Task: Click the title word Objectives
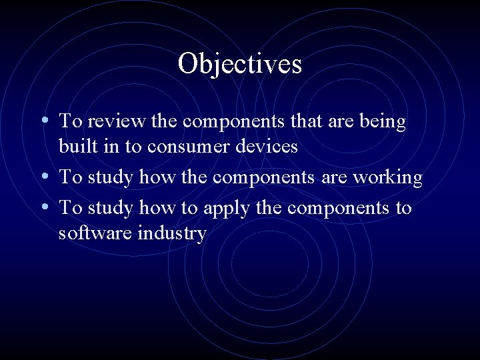click(240, 65)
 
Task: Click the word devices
click(271, 146)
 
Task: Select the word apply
click(225, 209)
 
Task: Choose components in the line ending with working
click(268, 178)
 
